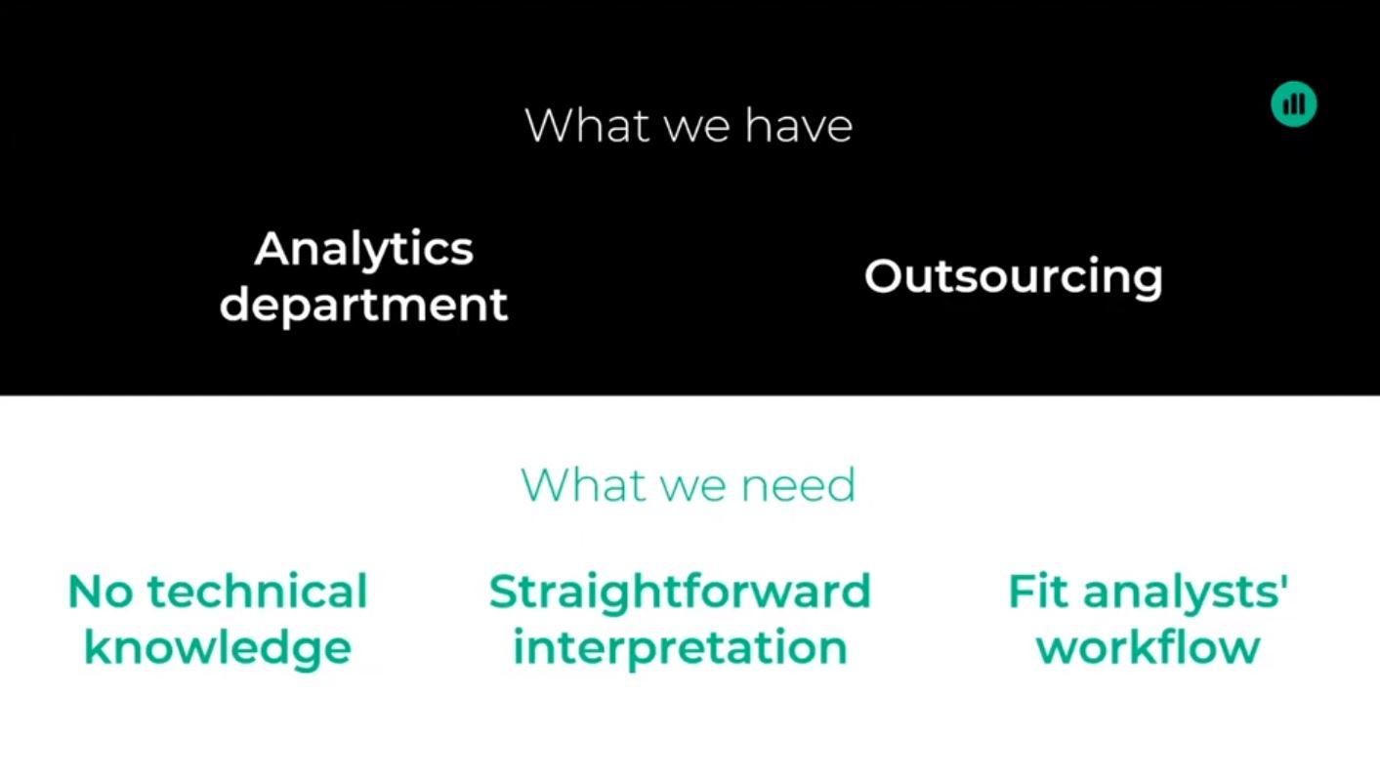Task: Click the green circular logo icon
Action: click(x=1293, y=103)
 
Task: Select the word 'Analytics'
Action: click(x=363, y=250)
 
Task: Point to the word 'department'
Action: click(x=363, y=305)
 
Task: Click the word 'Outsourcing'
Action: click(x=1013, y=277)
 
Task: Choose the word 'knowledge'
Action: click(x=217, y=648)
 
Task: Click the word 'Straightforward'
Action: click(x=679, y=593)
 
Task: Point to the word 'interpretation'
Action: click(x=679, y=648)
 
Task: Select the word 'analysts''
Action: click(x=1186, y=593)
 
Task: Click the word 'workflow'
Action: click(x=1148, y=648)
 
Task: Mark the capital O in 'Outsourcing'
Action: click(x=884, y=276)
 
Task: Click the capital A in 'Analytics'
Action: click(x=272, y=250)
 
